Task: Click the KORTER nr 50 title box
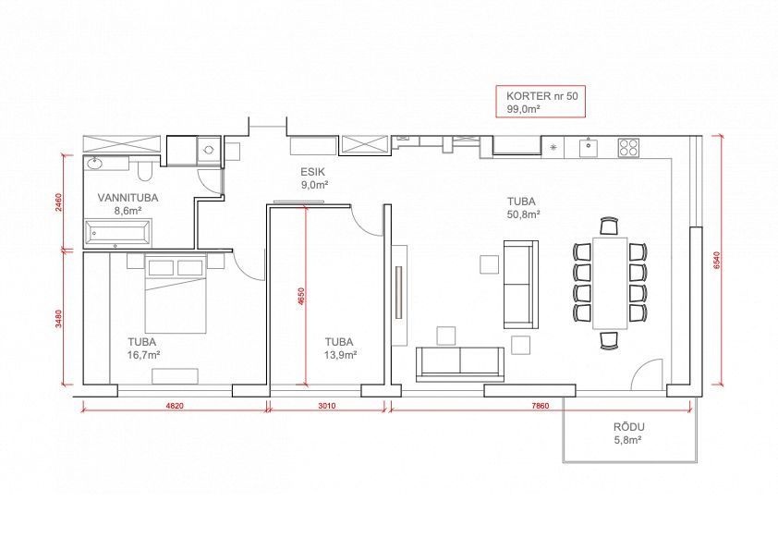click(x=541, y=102)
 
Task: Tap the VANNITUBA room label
click(x=128, y=198)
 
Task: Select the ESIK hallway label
click(x=312, y=172)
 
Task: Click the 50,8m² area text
click(x=523, y=214)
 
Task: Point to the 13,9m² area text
click(x=340, y=355)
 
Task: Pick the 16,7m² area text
click(x=143, y=355)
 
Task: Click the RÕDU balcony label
click(x=628, y=427)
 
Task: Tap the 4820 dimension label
click(x=175, y=406)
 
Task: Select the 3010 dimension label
click(x=326, y=406)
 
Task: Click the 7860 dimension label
click(x=541, y=406)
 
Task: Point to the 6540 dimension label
click(x=716, y=260)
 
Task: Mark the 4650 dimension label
click(x=301, y=296)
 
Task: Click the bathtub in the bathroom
click(x=117, y=233)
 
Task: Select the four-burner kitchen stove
click(x=628, y=147)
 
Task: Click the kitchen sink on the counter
click(x=589, y=147)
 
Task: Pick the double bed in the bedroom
click(x=176, y=293)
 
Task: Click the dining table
click(x=610, y=283)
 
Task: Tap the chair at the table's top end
click(x=609, y=226)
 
